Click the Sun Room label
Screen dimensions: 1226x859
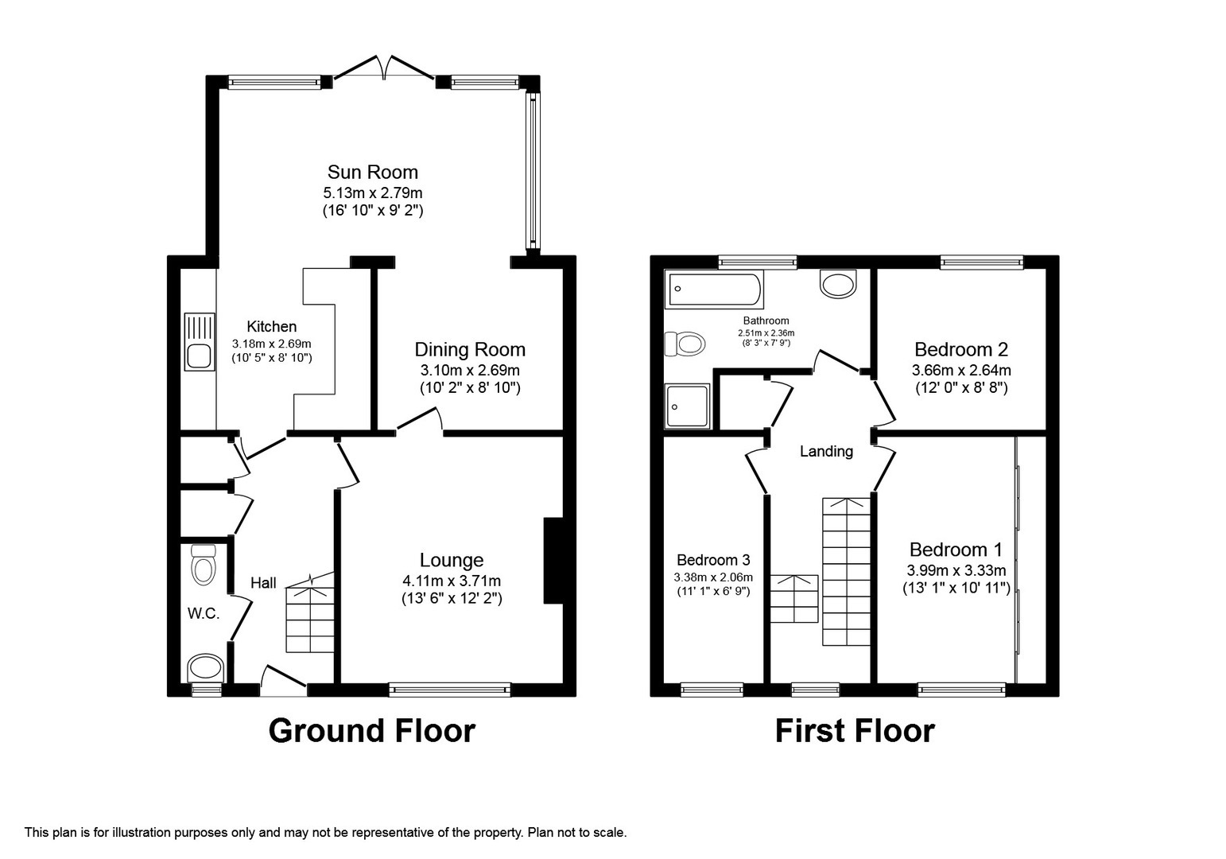(x=372, y=173)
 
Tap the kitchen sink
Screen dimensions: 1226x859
(x=200, y=342)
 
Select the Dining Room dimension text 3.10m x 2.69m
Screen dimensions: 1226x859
(x=470, y=370)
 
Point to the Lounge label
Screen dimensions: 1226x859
(x=452, y=559)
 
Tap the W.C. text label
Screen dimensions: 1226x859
(x=204, y=614)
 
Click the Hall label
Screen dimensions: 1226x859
(x=263, y=583)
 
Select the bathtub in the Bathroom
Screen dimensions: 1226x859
(x=714, y=289)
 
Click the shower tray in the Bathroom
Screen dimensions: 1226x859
(x=688, y=406)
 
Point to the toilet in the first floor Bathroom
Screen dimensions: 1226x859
(x=684, y=344)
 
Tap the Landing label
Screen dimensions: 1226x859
(x=826, y=452)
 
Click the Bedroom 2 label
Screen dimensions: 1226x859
(x=961, y=349)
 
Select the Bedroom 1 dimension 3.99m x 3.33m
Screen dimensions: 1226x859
(x=956, y=570)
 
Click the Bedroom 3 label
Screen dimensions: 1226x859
(x=713, y=560)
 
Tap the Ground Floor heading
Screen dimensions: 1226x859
(x=372, y=732)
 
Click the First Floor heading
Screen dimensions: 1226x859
(x=855, y=732)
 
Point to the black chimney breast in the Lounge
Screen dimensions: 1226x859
(x=553, y=561)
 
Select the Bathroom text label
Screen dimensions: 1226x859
(x=766, y=321)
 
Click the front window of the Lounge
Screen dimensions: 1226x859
(x=449, y=690)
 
